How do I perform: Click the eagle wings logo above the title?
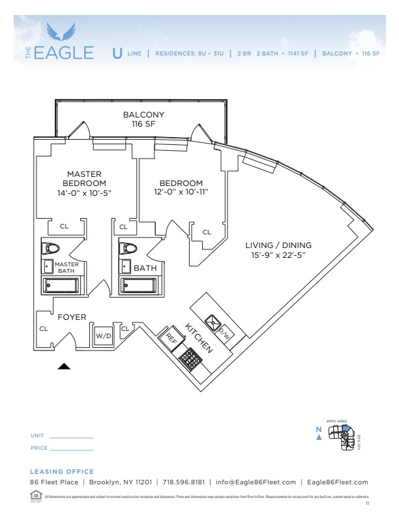[x=65, y=32]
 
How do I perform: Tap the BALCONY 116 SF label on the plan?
[x=143, y=119]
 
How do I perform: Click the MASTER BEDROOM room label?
[x=85, y=179]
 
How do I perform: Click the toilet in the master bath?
[x=50, y=249]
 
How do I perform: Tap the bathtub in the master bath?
[x=61, y=285]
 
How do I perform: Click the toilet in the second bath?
[x=128, y=249]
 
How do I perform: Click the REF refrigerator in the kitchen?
[x=171, y=337]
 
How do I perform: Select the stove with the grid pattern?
[x=191, y=358]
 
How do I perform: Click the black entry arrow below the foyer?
[x=64, y=367]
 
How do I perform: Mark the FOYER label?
[x=72, y=317]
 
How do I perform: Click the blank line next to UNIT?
[x=71, y=436]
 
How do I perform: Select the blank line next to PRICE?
[x=71, y=449]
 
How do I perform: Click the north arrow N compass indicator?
[x=319, y=433]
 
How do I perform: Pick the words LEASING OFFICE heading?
[x=62, y=471]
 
